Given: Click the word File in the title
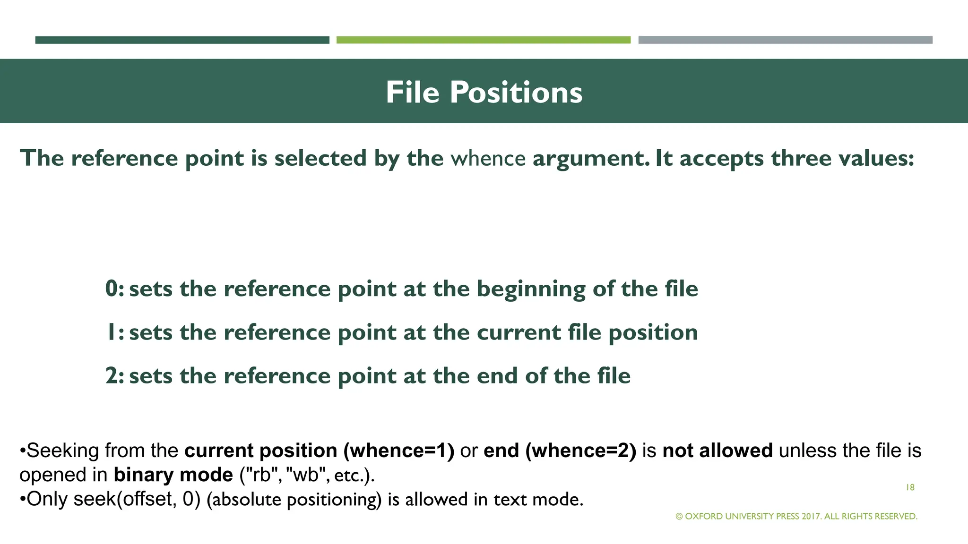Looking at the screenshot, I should point(412,92).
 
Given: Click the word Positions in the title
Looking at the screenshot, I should point(516,92).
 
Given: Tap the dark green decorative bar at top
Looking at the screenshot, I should point(182,40).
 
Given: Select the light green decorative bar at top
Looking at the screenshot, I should point(483,40).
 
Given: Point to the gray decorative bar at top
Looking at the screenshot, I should point(785,40).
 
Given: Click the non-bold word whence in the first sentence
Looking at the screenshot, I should point(488,158).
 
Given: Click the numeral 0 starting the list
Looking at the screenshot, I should point(112,289).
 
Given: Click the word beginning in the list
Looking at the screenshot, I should point(530,289).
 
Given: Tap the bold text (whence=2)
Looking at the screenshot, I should point(581,451).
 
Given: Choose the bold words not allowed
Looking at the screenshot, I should point(717,451).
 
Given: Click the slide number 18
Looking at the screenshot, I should point(910,488).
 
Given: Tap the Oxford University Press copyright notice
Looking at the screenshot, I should point(796,517).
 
